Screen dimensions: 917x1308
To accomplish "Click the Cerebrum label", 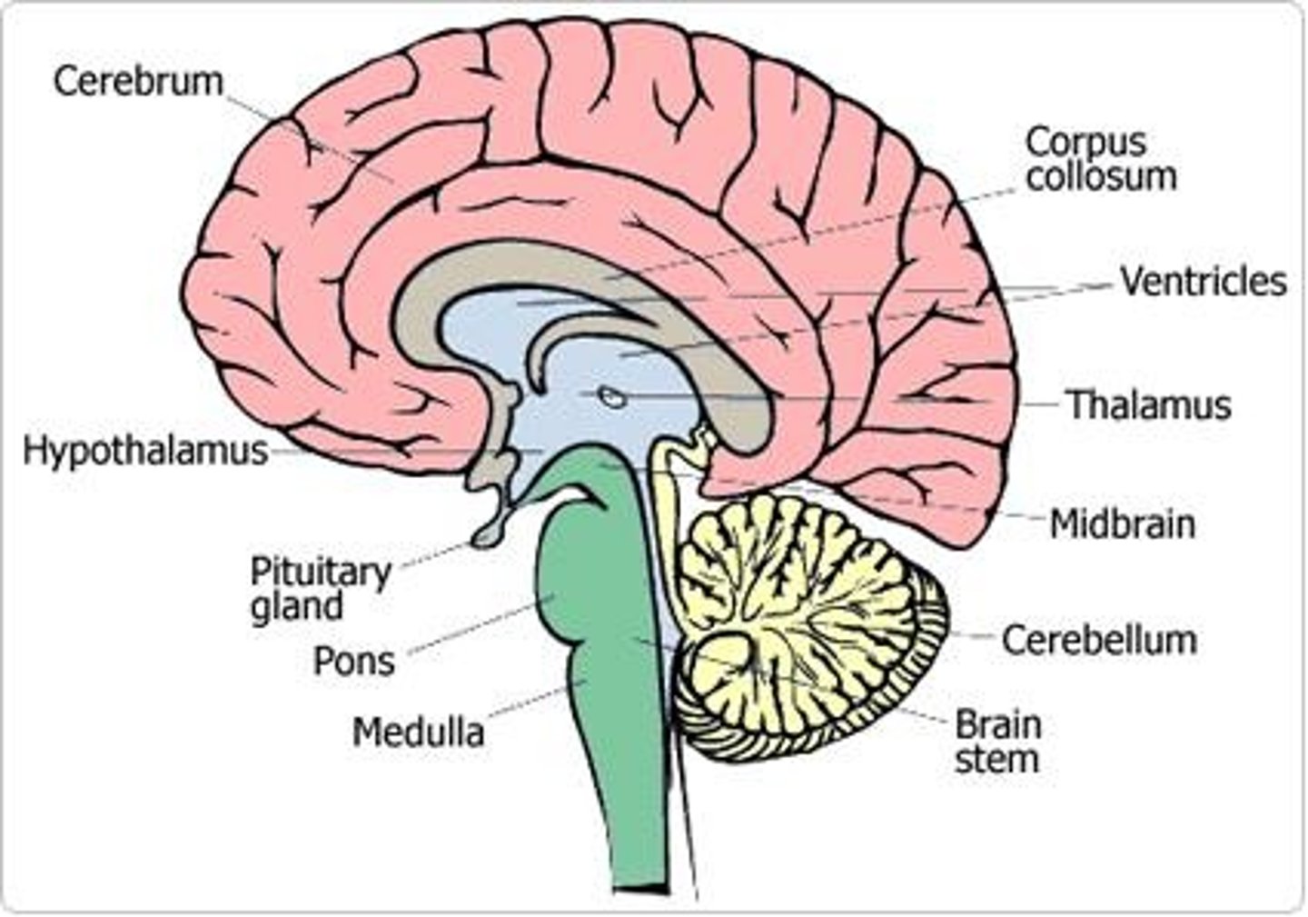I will [138, 80].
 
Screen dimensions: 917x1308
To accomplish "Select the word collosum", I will [1101, 175].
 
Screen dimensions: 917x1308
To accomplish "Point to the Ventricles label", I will [1203, 282].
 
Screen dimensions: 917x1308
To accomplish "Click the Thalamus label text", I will [1148, 405].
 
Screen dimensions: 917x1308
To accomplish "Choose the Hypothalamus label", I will [145, 451].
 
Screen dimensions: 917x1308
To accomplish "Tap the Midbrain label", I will [1122, 524].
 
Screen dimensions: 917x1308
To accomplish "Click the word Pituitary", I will [320, 572].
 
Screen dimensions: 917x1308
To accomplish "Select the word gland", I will [296, 606].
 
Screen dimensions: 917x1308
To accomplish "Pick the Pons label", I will [353, 662].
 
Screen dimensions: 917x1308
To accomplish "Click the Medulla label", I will [418, 732].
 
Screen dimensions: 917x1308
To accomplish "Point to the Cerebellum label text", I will [1098, 640].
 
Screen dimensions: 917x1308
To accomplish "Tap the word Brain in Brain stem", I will [997, 725].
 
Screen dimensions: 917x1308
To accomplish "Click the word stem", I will [996, 759].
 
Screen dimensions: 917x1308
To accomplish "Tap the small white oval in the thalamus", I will [610, 396].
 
